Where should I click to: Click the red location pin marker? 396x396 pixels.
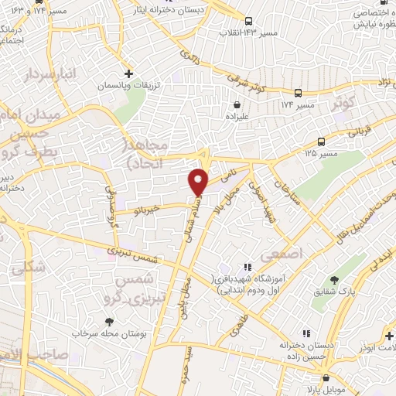click(199, 180)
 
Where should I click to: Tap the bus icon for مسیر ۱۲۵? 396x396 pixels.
click(321, 141)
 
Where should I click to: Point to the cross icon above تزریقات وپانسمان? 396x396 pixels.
click(129, 72)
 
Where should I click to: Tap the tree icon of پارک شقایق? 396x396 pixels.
click(334, 279)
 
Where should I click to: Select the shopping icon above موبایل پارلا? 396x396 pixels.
click(326, 378)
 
